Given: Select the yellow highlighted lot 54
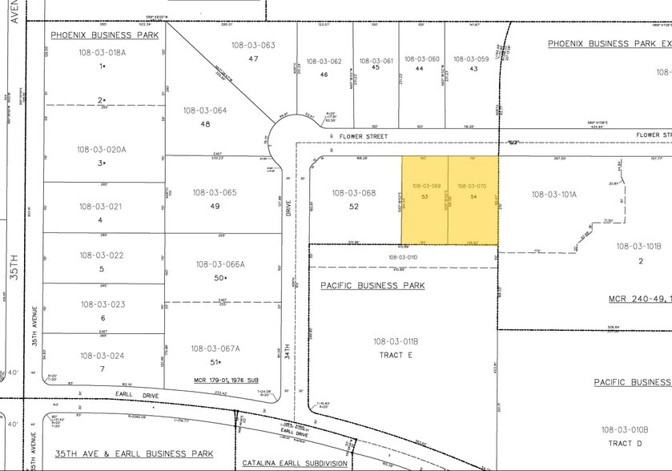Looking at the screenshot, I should click(x=473, y=200).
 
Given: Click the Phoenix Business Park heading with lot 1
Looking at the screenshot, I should click(x=105, y=35).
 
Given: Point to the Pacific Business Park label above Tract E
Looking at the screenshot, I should click(x=372, y=285).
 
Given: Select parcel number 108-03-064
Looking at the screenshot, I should click(x=205, y=111).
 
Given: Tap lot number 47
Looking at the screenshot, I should click(x=253, y=58).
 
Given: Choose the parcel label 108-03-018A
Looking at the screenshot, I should click(x=103, y=52).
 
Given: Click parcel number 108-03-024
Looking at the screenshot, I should click(x=101, y=356).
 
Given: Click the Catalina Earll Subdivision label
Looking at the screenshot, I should click(x=296, y=464).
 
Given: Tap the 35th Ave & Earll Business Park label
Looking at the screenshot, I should click(x=134, y=453).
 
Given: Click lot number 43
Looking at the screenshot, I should click(x=473, y=68).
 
